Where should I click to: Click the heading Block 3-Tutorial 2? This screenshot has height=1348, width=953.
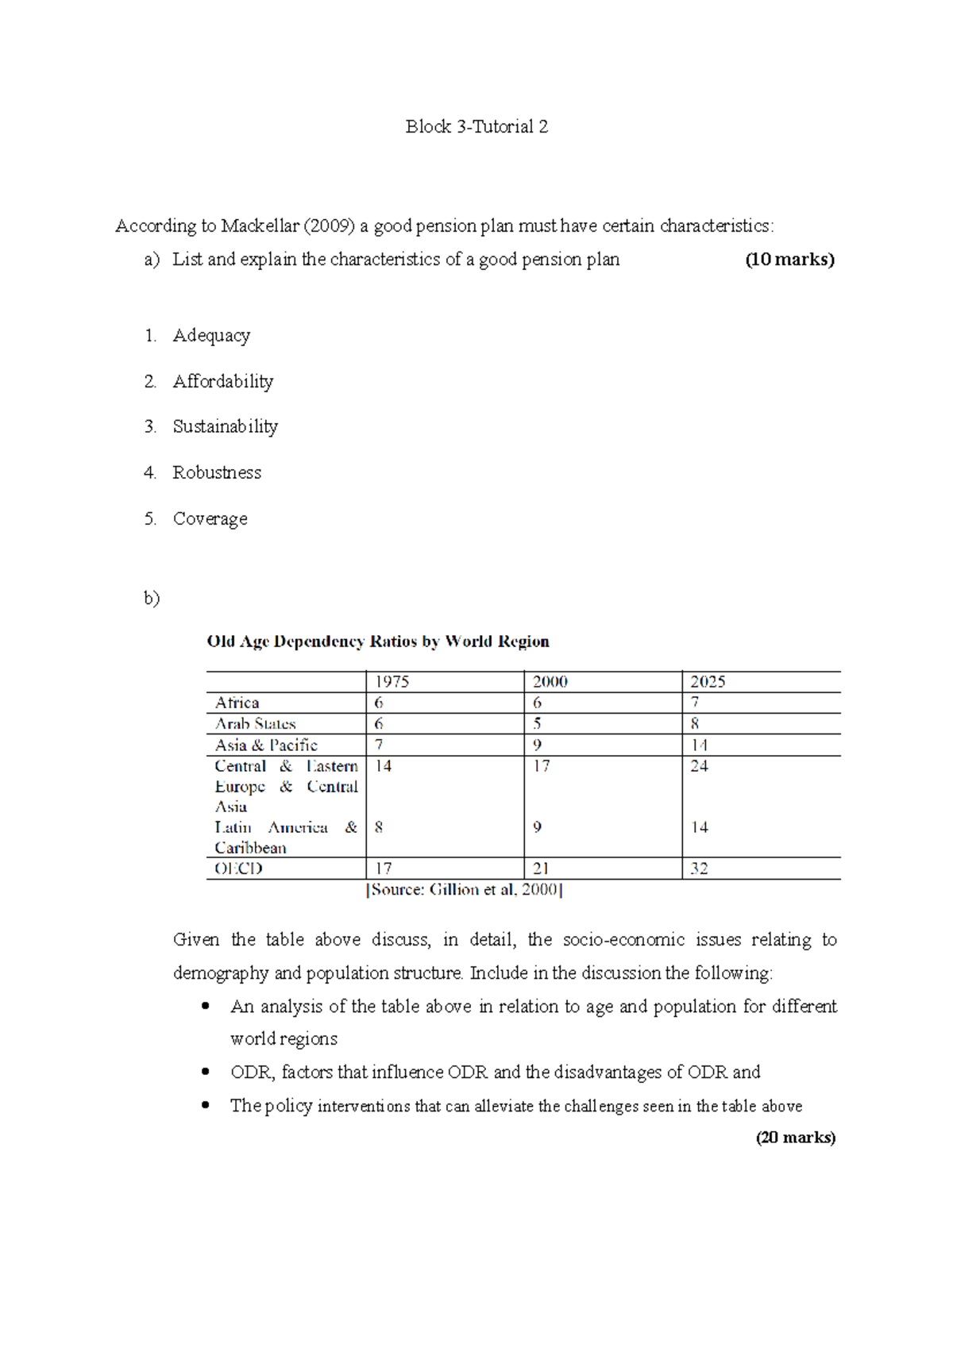[476, 127]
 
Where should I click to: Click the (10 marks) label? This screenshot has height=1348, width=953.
[789, 260]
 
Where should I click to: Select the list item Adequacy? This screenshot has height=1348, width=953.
[211, 336]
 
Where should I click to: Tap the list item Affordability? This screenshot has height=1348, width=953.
[223, 382]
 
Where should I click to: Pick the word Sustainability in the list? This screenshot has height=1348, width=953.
[226, 427]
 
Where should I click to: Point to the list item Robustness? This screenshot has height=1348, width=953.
[217, 473]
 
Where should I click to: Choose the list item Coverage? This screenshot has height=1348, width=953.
[210, 519]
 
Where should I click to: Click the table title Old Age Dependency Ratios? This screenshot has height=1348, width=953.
[378, 641]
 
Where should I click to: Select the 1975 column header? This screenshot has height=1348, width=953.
[392, 682]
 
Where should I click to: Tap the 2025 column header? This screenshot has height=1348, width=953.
[708, 682]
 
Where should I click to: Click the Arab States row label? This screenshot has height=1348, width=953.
[256, 724]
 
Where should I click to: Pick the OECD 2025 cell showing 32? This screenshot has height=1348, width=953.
[699, 868]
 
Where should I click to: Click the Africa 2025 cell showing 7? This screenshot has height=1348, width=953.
[695, 703]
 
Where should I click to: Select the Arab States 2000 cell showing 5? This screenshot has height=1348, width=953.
[538, 724]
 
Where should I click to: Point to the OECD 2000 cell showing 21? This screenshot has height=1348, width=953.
[541, 868]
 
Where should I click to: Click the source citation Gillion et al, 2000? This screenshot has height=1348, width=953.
[465, 890]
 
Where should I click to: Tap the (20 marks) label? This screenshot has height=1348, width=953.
[796, 1138]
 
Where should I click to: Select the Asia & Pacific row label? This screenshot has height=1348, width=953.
[266, 745]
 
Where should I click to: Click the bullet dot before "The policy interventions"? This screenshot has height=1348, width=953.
[206, 1105]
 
